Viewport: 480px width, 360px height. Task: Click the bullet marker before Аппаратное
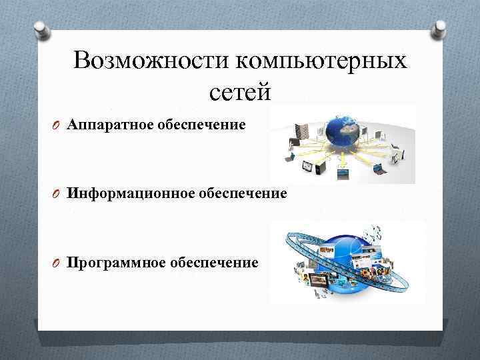(59, 125)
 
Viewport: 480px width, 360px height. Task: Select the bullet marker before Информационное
(59, 195)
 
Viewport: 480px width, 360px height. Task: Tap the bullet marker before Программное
(59, 263)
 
